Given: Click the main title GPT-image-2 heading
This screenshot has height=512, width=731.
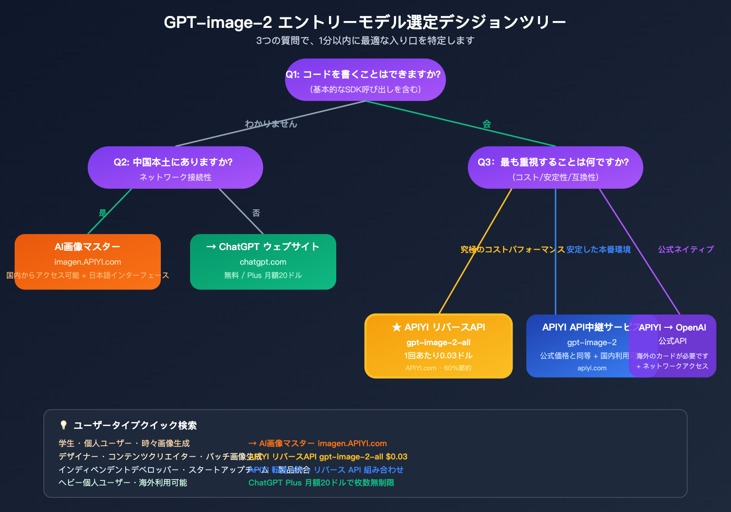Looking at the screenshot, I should tap(365, 22).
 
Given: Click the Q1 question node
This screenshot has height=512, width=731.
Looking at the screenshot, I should tap(365, 80).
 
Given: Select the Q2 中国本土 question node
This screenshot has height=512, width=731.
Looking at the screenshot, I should tap(175, 168).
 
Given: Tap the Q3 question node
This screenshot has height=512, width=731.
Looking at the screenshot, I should tap(555, 168).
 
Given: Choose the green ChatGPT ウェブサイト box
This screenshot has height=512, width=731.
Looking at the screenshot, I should tap(263, 262).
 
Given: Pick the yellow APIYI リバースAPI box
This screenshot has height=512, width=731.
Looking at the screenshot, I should tap(438, 346).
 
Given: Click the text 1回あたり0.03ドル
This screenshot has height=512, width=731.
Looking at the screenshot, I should tap(438, 356).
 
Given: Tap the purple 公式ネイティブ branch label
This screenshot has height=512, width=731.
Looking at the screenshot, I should tap(685, 250).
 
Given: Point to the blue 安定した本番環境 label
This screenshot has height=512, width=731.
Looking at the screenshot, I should tap(599, 250).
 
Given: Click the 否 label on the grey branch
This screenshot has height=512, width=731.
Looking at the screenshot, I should tap(256, 213).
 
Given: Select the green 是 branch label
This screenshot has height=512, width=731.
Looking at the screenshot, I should tap(103, 213).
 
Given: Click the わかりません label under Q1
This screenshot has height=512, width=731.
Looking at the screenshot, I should tap(271, 124).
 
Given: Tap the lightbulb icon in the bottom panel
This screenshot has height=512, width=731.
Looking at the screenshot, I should tap(64, 425).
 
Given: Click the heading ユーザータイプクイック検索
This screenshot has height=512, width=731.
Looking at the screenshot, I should tap(135, 426).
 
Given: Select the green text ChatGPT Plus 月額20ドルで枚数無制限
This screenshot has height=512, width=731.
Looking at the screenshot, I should tap(321, 483).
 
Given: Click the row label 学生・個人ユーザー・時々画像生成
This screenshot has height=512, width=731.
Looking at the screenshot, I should tap(124, 443).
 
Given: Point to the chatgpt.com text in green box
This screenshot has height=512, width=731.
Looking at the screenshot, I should tap(263, 262).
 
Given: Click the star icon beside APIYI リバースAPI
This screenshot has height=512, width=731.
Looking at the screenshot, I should tap(396, 327).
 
